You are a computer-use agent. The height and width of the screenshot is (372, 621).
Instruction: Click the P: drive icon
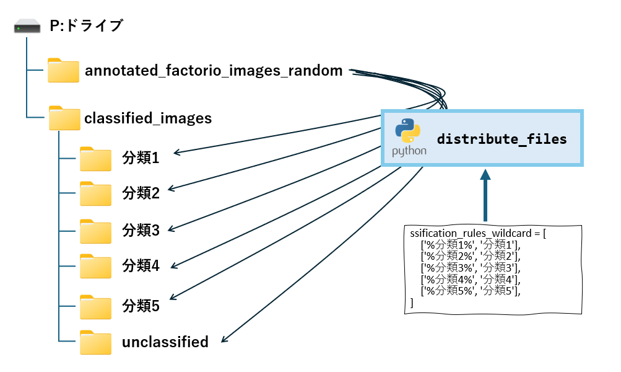[x=27, y=27]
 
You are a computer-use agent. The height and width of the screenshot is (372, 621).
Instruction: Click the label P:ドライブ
[x=86, y=26]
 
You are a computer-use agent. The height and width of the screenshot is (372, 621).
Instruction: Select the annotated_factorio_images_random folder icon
[x=63, y=70]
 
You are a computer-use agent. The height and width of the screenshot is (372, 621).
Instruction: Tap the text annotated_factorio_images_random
[x=214, y=71]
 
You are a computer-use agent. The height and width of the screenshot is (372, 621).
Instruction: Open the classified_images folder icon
[x=64, y=118]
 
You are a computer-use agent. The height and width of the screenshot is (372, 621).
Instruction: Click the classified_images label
[x=148, y=118]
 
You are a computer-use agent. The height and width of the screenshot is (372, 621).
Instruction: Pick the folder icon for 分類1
[x=95, y=159]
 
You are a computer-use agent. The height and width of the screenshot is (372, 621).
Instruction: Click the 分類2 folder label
[x=141, y=193]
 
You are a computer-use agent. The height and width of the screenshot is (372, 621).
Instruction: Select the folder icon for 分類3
[x=95, y=231]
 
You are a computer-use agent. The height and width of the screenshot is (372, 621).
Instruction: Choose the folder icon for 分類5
[x=95, y=307]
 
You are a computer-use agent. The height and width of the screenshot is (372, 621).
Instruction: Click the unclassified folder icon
[x=95, y=342]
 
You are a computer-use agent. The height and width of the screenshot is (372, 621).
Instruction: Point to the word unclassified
[x=165, y=342]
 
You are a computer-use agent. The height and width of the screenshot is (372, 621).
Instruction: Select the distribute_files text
[x=502, y=139]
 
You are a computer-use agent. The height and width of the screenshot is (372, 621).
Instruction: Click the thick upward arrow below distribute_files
[x=485, y=195]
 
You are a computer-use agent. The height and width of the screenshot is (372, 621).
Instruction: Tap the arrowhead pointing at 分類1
[x=176, y=153]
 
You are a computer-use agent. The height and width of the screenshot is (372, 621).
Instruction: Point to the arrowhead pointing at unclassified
[x=224, y=339]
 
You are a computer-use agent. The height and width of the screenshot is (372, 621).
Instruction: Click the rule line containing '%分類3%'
[x=471, y=268]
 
